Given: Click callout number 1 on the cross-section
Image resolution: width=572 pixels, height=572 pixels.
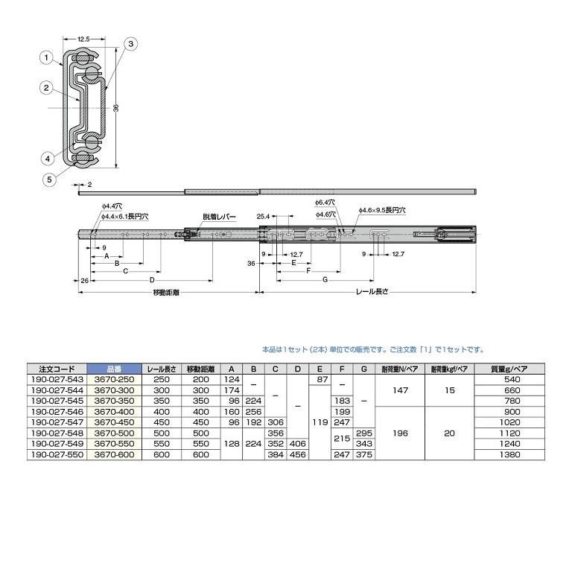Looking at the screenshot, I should click(45, 57).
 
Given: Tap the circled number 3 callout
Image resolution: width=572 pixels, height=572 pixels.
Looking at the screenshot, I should click(130, 45).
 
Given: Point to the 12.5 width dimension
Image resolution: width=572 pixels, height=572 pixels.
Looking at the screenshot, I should click(83, 38).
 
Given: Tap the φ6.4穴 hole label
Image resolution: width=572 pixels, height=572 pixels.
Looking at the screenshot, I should click(324, 202).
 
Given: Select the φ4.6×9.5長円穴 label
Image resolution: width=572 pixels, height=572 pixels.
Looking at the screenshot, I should click(381, 211).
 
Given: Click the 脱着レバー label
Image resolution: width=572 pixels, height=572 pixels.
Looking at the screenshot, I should click(219, 217).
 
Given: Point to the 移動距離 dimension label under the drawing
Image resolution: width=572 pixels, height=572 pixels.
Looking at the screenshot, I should click(165, 293).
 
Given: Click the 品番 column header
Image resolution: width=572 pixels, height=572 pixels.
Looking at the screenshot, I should click(113, 369).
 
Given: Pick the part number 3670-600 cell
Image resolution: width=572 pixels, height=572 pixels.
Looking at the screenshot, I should click(113, 454).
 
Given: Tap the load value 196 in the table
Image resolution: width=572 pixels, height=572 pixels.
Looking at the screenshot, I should click(399, 433).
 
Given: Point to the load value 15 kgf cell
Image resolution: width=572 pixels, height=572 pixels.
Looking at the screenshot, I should click(448, 390).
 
